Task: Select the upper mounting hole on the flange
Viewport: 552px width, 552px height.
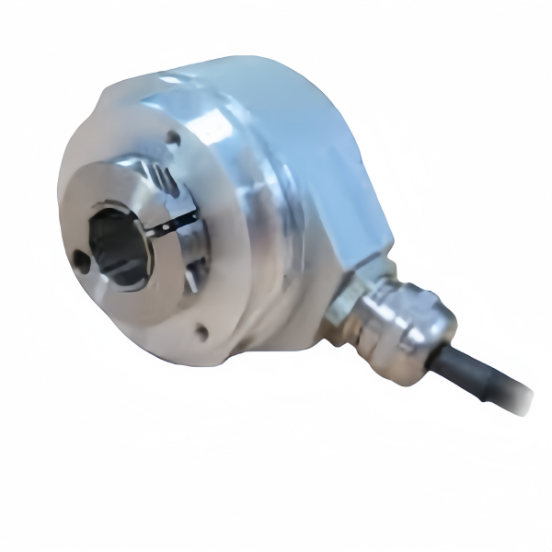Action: click(173, 138)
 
